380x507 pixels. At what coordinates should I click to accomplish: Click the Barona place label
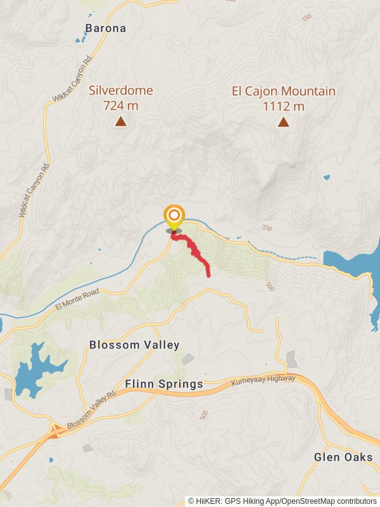106,28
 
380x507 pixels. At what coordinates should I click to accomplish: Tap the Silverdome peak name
121,91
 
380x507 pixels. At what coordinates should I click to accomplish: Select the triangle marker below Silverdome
120,121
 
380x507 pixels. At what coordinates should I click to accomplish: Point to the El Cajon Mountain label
283,91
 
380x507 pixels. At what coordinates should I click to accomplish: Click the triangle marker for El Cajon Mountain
284,122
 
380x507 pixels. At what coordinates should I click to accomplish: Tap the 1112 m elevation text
283,106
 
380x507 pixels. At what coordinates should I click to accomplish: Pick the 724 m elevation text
120,106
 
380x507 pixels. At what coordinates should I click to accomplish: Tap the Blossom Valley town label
134,345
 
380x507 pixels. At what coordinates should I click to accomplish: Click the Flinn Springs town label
164,384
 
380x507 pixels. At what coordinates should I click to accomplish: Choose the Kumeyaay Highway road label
263,381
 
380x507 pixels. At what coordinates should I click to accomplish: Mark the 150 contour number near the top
307,17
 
